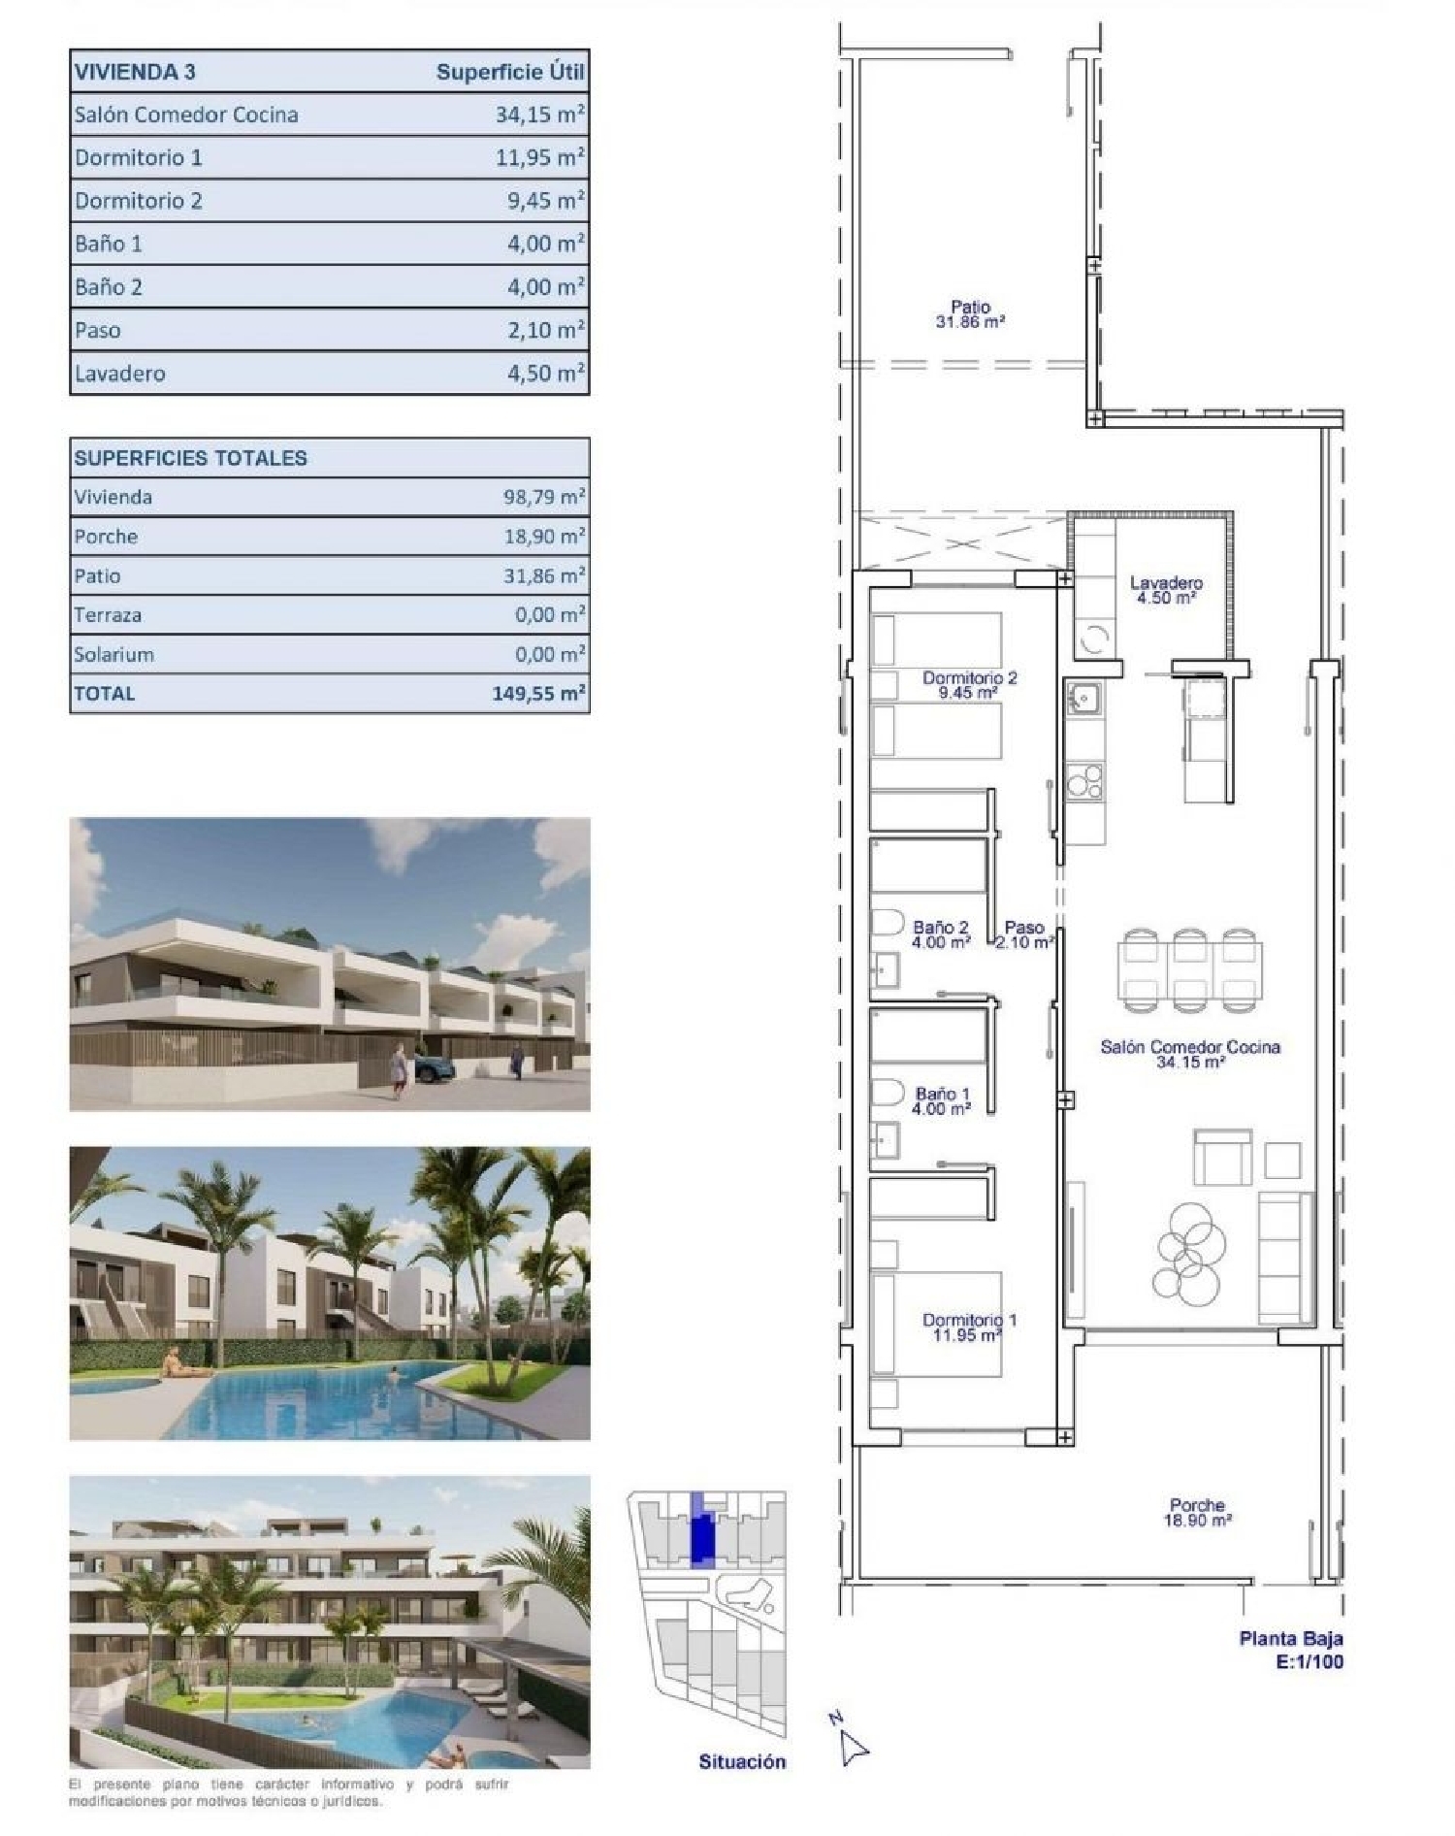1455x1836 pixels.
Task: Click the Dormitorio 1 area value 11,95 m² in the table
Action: pos(539,157)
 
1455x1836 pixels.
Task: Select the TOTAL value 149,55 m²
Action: pos(538,694)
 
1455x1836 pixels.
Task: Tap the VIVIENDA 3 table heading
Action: pos(135,72)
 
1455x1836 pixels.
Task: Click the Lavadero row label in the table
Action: pos(120,374)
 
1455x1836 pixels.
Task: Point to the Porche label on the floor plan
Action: pos(1197,1506)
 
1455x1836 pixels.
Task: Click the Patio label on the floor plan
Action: pos(970,308)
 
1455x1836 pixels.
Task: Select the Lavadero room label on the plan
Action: pos(1166,583)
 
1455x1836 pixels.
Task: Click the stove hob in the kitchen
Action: pos(1084,780)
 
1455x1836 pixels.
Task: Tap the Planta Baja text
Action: pos(1290,1639)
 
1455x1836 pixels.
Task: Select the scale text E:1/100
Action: pos(1309,1661)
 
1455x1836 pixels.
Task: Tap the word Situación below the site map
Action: pos(742,1761)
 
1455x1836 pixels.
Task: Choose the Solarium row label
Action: pos(113,655)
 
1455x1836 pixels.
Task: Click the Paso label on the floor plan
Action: pos(1024,928)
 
